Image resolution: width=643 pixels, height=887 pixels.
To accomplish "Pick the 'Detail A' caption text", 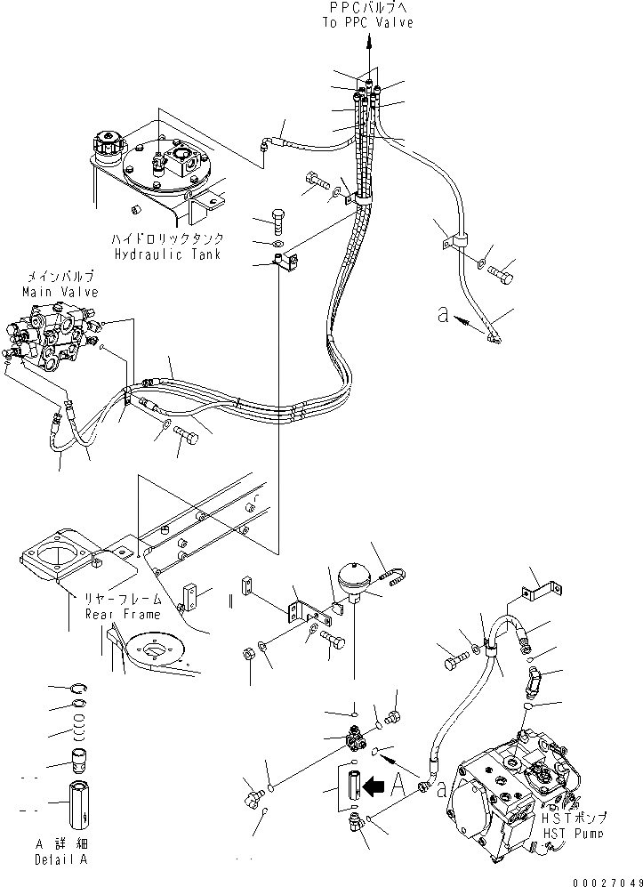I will pyautogui.click(x=61, y=860).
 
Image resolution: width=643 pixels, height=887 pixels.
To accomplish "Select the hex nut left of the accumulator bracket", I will pyautogui.click(x=251, y=656).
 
